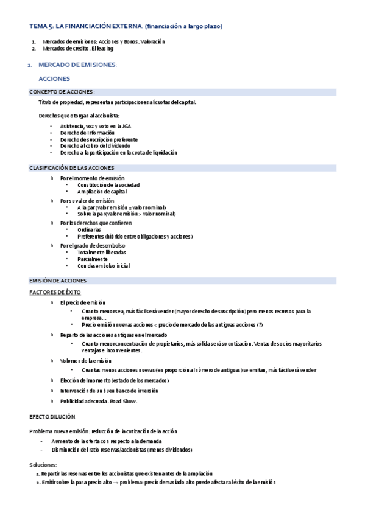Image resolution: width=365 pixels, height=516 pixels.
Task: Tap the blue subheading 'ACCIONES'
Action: pos(54,79)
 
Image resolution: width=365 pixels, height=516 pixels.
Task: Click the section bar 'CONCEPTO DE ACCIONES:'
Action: pos(63,92)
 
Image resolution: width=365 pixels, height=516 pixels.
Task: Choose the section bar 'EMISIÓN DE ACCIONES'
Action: pos(58,281)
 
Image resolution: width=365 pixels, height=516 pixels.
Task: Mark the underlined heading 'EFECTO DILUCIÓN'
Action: pos(52,417)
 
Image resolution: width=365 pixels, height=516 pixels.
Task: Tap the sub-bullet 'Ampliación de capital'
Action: pos(102,192)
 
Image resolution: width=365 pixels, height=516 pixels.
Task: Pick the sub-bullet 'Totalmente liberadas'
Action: pos(102,252)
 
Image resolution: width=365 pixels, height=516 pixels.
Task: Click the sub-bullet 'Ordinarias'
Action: pos(90,229)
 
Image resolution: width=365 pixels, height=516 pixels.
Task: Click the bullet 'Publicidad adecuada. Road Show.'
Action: pos(99,402)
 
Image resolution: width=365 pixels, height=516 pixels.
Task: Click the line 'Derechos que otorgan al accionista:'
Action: pos(79,116)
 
